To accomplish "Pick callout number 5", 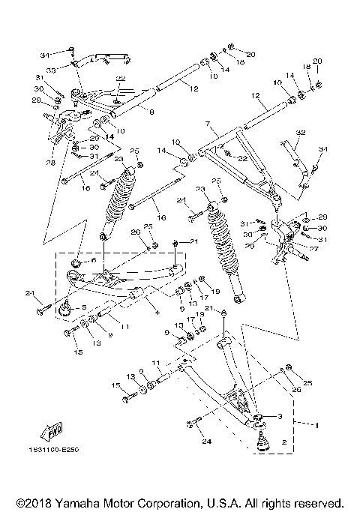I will (x=83, y=307).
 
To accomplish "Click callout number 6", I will (x=94, y=259).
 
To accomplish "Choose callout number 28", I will (x=50, y=162).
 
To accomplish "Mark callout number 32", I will (x=301, y=133).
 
